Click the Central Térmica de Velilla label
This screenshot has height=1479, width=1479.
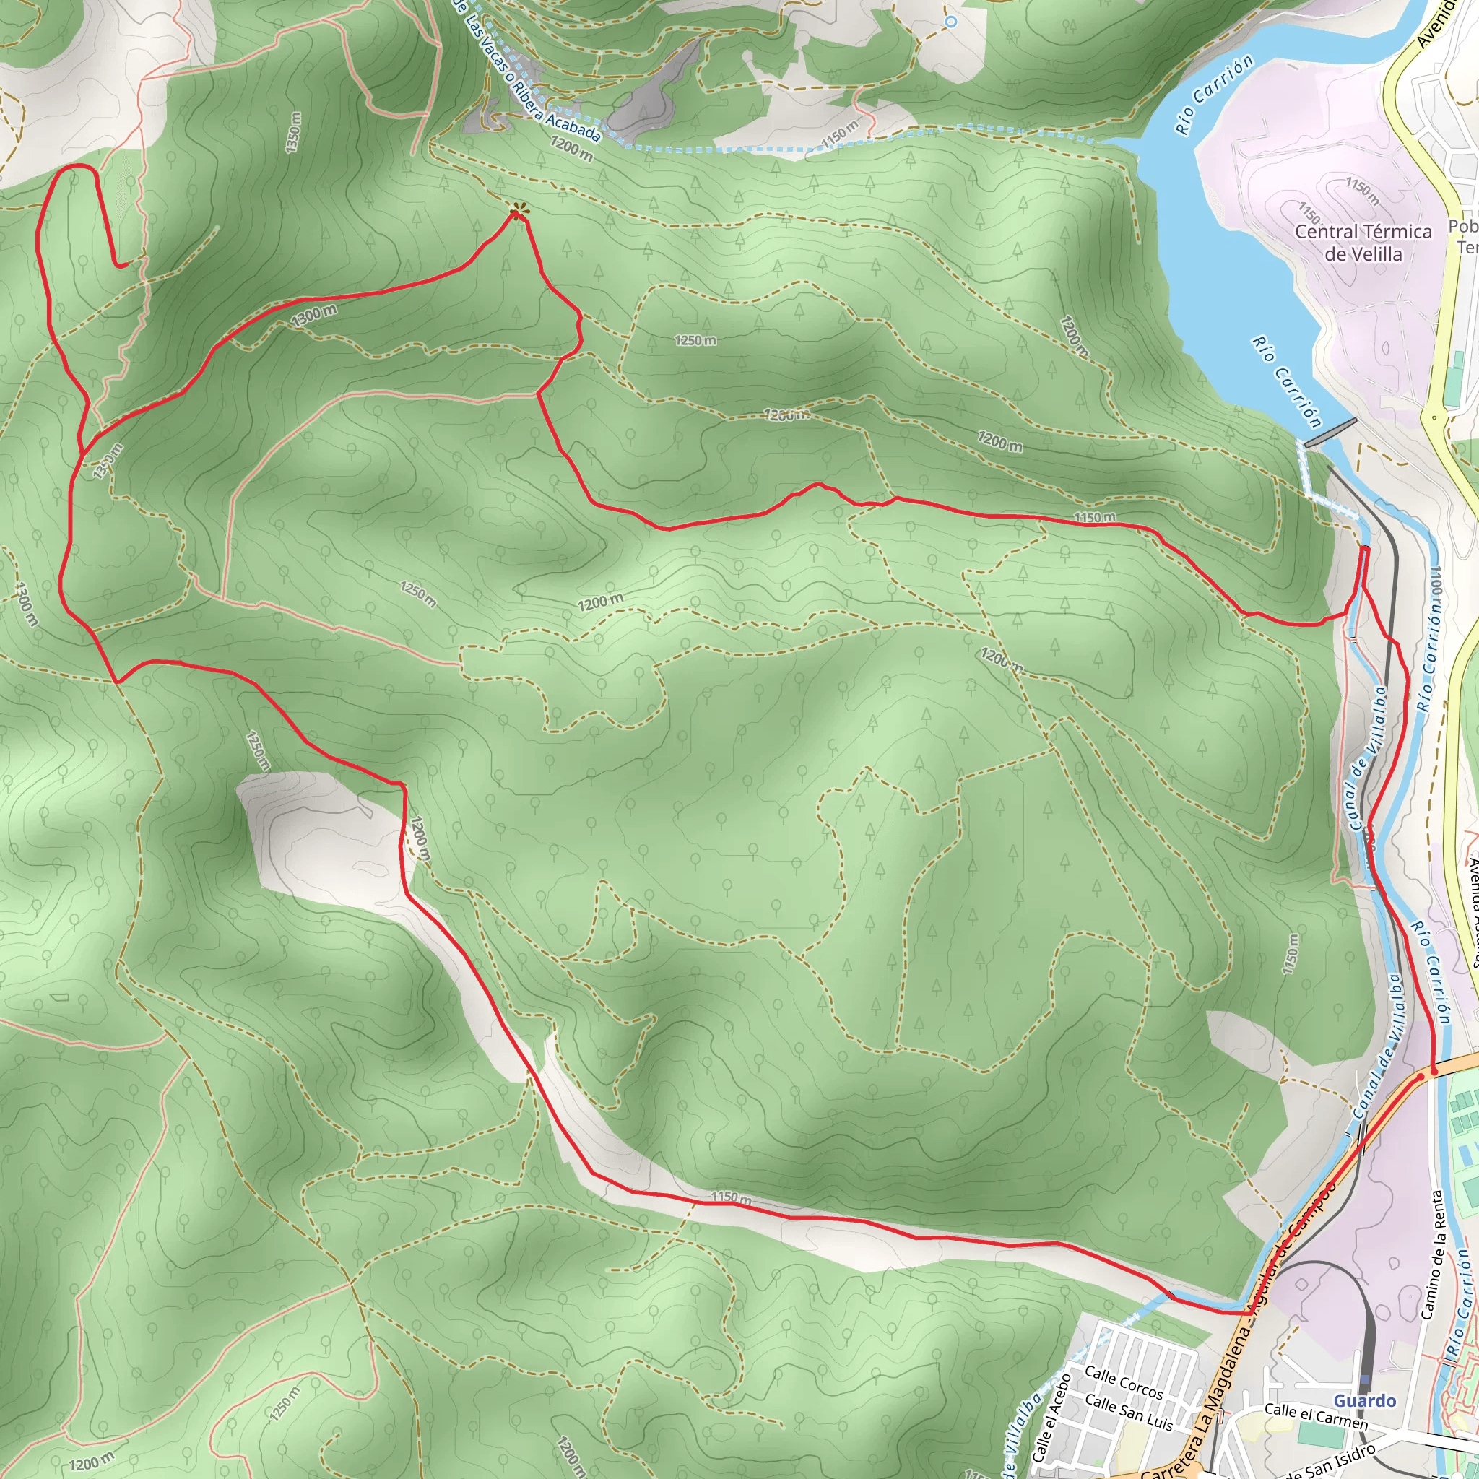coord(1363,243)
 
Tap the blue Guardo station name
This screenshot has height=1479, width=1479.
coord(1364,1400)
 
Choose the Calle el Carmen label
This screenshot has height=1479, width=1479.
coord(1315,1415)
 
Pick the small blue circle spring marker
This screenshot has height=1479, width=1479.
coord(951,22)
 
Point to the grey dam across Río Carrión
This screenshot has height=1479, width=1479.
coord(1330,432)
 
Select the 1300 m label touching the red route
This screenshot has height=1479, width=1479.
coord(314,315)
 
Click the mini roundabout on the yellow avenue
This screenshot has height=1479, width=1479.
coord(1433,417)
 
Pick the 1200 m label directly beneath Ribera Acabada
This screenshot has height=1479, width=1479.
coord(571,149)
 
